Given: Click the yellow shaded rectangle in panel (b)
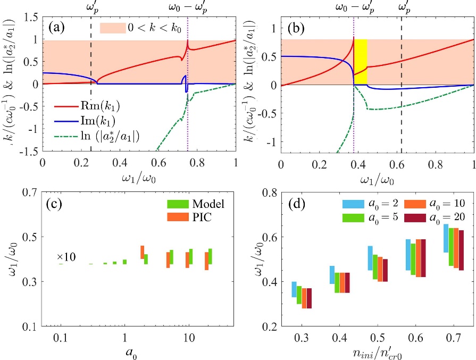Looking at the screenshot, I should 361,62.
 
